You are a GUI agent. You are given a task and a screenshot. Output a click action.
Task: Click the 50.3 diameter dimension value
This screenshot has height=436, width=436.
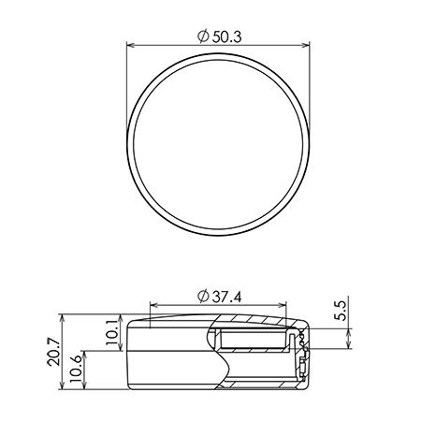point(226,37)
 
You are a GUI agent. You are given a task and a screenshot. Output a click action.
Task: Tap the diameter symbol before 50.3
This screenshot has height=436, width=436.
point(203,36)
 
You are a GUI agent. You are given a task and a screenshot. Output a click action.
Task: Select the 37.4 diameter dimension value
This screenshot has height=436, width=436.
point(226,297)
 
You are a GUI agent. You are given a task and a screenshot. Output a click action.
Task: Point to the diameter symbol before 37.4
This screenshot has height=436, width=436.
point(203,297)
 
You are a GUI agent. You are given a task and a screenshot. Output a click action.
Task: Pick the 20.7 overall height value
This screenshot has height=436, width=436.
point(54,352)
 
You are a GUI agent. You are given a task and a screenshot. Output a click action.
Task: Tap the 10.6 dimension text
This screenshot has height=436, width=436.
point(76,370)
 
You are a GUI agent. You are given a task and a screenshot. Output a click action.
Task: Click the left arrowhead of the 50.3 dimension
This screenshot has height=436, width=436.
point(131,46)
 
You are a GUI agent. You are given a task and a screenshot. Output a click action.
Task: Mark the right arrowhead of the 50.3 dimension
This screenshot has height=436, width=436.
point(306,46)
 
